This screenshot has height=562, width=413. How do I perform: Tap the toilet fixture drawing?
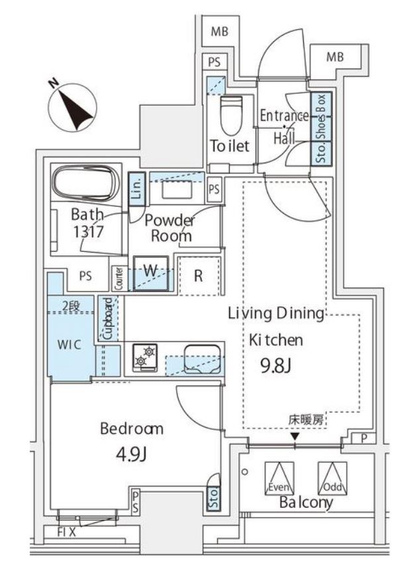232,116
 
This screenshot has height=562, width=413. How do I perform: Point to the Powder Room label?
169,228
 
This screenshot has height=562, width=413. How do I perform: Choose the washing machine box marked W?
150,272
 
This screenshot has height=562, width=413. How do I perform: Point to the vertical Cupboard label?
107,319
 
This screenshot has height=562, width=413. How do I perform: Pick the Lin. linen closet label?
136,189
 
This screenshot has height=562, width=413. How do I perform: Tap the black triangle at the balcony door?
295,436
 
